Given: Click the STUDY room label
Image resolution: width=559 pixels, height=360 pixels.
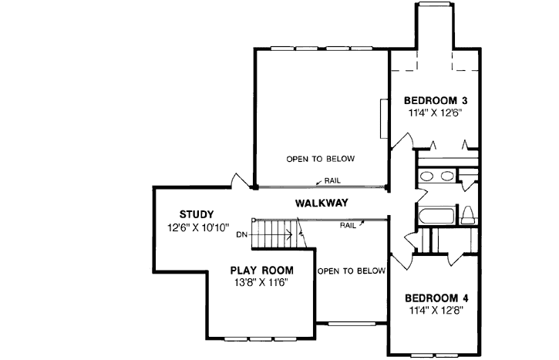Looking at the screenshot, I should [196, 214].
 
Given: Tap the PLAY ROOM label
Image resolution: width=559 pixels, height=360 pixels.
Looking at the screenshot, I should [262, 270].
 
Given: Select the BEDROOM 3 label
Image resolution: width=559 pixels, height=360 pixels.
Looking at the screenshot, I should [437, 100].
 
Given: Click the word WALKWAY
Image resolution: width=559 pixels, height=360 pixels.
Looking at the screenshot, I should [322, 203].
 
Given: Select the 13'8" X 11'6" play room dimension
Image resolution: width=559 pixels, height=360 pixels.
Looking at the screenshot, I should [262, 283].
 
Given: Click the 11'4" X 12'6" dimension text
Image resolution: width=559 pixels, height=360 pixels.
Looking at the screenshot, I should [436, 113].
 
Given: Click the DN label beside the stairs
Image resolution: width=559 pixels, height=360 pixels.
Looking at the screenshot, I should [241, 234].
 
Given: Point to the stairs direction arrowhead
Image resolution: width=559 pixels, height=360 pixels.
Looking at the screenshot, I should [291, 234].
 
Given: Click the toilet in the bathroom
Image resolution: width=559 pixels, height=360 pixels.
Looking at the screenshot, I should [467, 215].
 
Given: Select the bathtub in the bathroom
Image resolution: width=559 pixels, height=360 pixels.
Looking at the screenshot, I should [435, 215].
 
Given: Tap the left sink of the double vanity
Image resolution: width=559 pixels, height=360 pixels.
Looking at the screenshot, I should [427, 176].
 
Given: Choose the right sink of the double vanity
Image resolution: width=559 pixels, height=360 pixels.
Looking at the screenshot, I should [446, 176].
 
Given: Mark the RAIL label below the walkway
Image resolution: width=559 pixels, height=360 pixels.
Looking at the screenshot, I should [348, 226].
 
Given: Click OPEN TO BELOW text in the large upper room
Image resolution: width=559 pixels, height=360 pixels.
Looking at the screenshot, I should [320, 160].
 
